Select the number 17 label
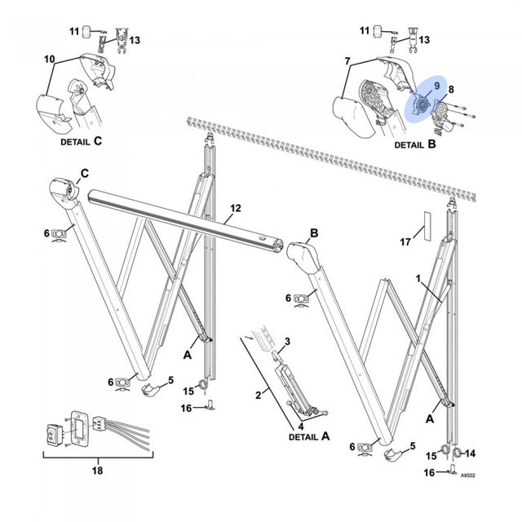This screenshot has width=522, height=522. point(405,242)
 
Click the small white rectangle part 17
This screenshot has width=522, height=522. point(425,226)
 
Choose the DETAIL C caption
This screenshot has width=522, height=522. point(82,140)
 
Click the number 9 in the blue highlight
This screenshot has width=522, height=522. point(436,85)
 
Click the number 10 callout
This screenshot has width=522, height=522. point(49,60)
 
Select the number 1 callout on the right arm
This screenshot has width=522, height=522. point(418,280)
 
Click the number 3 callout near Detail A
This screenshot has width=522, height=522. point(286,339)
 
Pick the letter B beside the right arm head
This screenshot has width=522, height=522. point(312,232)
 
